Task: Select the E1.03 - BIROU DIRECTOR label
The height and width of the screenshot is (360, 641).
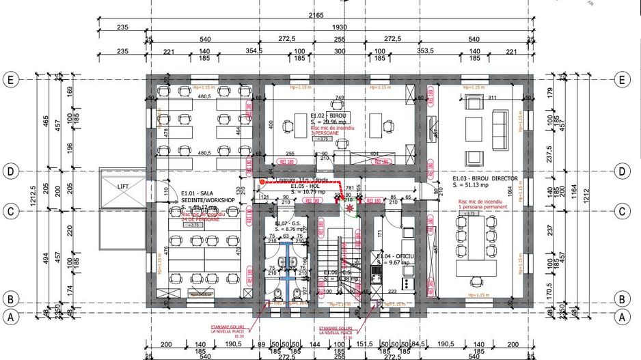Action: pos(485,177)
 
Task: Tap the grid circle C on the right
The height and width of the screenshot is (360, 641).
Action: pos(621,212)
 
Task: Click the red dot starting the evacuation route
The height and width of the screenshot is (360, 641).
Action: pos(261,182)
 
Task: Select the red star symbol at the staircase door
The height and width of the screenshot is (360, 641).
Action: pos(351,206)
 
